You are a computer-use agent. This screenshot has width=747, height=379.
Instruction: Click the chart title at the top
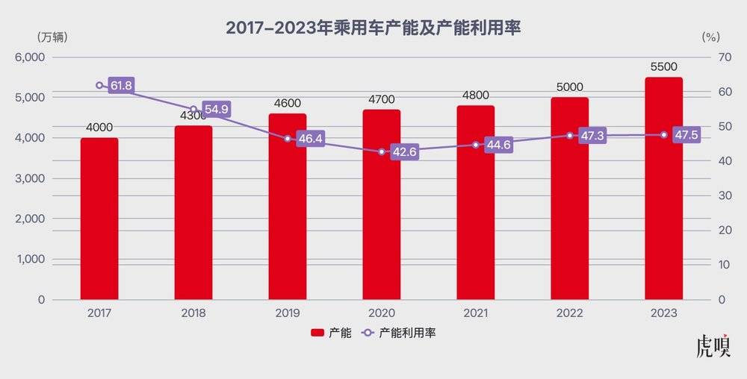373,28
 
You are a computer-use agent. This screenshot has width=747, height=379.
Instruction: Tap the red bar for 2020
382,204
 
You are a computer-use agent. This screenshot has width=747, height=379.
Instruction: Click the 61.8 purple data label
121,86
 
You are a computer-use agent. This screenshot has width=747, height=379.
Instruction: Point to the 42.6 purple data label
404,152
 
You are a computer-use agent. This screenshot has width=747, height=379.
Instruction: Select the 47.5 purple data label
686,136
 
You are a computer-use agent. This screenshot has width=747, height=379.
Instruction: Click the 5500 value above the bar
663,67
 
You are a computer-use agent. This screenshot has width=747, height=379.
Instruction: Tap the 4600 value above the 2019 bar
288,104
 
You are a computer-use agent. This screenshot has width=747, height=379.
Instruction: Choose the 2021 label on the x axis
476,313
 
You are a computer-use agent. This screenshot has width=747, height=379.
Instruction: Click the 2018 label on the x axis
193,313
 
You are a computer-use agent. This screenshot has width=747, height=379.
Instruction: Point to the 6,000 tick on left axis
31,57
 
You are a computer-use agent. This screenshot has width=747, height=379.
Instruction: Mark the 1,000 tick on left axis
31,260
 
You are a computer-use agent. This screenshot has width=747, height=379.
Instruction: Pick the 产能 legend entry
331,333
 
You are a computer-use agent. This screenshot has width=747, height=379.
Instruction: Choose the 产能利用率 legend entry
399,333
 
